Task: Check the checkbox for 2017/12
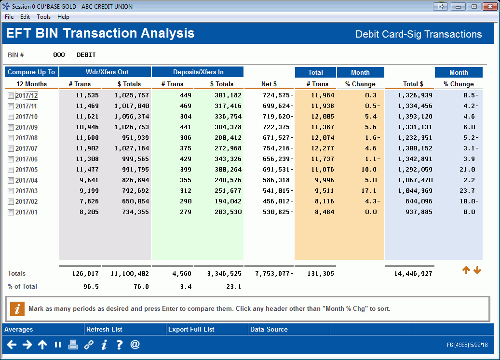[x=11, y=96]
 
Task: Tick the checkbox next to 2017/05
[x=11, y=170]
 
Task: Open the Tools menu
[x=43, y=17]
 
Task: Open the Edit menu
[x=25, y=17]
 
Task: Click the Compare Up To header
[x=31, y=72]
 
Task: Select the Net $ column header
[x=269, y=84]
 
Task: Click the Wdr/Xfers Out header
[x=105, y=72]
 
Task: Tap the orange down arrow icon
[x=477, y=271]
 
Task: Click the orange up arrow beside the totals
[x=466, y=271]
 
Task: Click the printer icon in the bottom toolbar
[x=73, y=345]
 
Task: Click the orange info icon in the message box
[x=17, y=309]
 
